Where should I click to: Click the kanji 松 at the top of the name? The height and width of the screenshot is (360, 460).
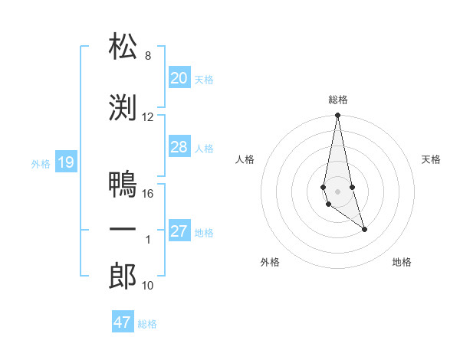point(123,47)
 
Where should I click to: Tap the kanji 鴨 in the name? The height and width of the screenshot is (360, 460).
point(123,185)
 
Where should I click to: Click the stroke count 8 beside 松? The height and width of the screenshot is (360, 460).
point(148,56)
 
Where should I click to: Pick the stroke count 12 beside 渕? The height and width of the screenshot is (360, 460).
point(148,117)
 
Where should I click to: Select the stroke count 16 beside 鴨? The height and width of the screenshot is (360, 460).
point(148,194)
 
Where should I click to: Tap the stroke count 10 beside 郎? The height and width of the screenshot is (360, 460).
point(148,286)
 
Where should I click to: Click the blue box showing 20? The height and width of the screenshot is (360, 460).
point(179,77)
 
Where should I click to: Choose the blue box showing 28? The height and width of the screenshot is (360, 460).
point(179,146)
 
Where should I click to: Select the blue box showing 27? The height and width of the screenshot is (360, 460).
point(179,231)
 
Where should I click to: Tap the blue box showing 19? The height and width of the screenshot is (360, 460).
point(65,162)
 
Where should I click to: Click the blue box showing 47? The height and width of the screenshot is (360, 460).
point(122,322)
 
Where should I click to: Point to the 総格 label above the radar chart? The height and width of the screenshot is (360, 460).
point(338,100)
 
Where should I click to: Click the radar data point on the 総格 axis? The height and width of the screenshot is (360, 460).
point(337,116)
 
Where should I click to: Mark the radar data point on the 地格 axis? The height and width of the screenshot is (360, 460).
point(364,229)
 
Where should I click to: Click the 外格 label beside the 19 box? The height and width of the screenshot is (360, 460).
point(41,163)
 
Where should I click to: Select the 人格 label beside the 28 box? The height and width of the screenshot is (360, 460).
point(204,148)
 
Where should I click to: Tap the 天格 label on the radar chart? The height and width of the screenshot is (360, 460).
point(432,159)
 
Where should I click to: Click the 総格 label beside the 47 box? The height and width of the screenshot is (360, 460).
point(147,324)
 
